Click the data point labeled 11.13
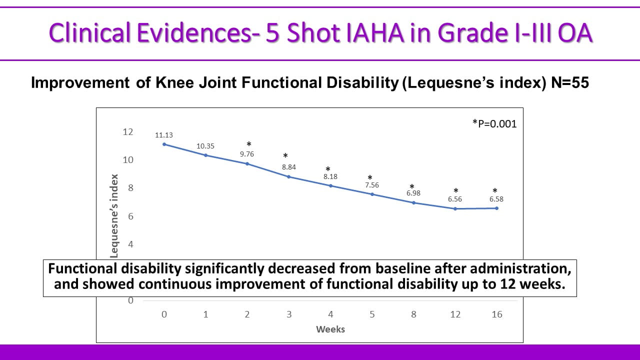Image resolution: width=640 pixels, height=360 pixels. (x=164, y=144)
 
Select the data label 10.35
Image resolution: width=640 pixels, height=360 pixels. (x=205, y=146)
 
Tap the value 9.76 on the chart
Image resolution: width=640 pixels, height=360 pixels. (x=247, y=154)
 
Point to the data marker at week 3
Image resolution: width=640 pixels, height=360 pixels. (x=289, y=176)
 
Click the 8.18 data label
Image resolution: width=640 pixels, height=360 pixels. (x=330, y=176)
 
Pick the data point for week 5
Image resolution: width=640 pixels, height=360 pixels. (x=372, y=194)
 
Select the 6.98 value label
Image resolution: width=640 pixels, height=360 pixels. (x=413, y=193)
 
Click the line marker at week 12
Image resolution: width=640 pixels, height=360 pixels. (x=455, y=208)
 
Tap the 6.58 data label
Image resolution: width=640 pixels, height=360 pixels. (x=496, y=199)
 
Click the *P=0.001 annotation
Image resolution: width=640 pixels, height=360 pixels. (x=494, y=123)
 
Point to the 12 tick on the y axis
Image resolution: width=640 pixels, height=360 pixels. (x=127, y=132)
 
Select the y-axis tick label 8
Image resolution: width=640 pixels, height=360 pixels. (x=130, y=188)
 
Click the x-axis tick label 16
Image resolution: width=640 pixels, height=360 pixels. (x=496, y=314)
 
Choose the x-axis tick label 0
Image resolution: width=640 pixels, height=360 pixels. (x=164, y=314)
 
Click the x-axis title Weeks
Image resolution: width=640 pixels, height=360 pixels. (x=330, y=329)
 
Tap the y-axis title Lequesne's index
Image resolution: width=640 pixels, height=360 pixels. (x=114, y=215)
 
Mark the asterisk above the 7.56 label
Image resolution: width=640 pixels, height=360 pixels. (x=370, y=178)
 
